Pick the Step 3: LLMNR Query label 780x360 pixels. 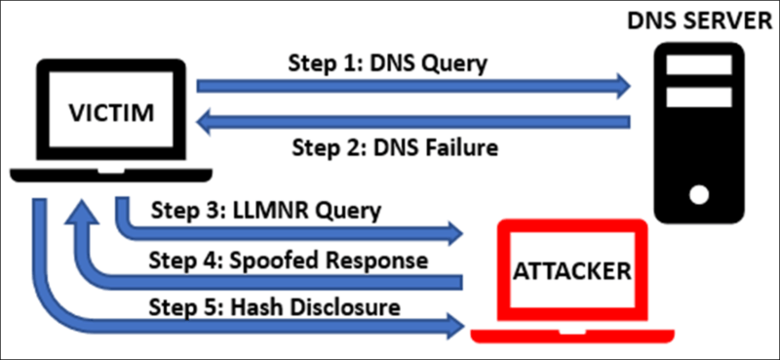266,209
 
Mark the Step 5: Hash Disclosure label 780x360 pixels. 276,307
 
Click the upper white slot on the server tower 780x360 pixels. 697,65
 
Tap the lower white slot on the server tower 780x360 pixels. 697,98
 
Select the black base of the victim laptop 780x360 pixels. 110,177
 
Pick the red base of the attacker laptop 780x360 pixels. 572,335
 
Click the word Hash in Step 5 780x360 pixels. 252,307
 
